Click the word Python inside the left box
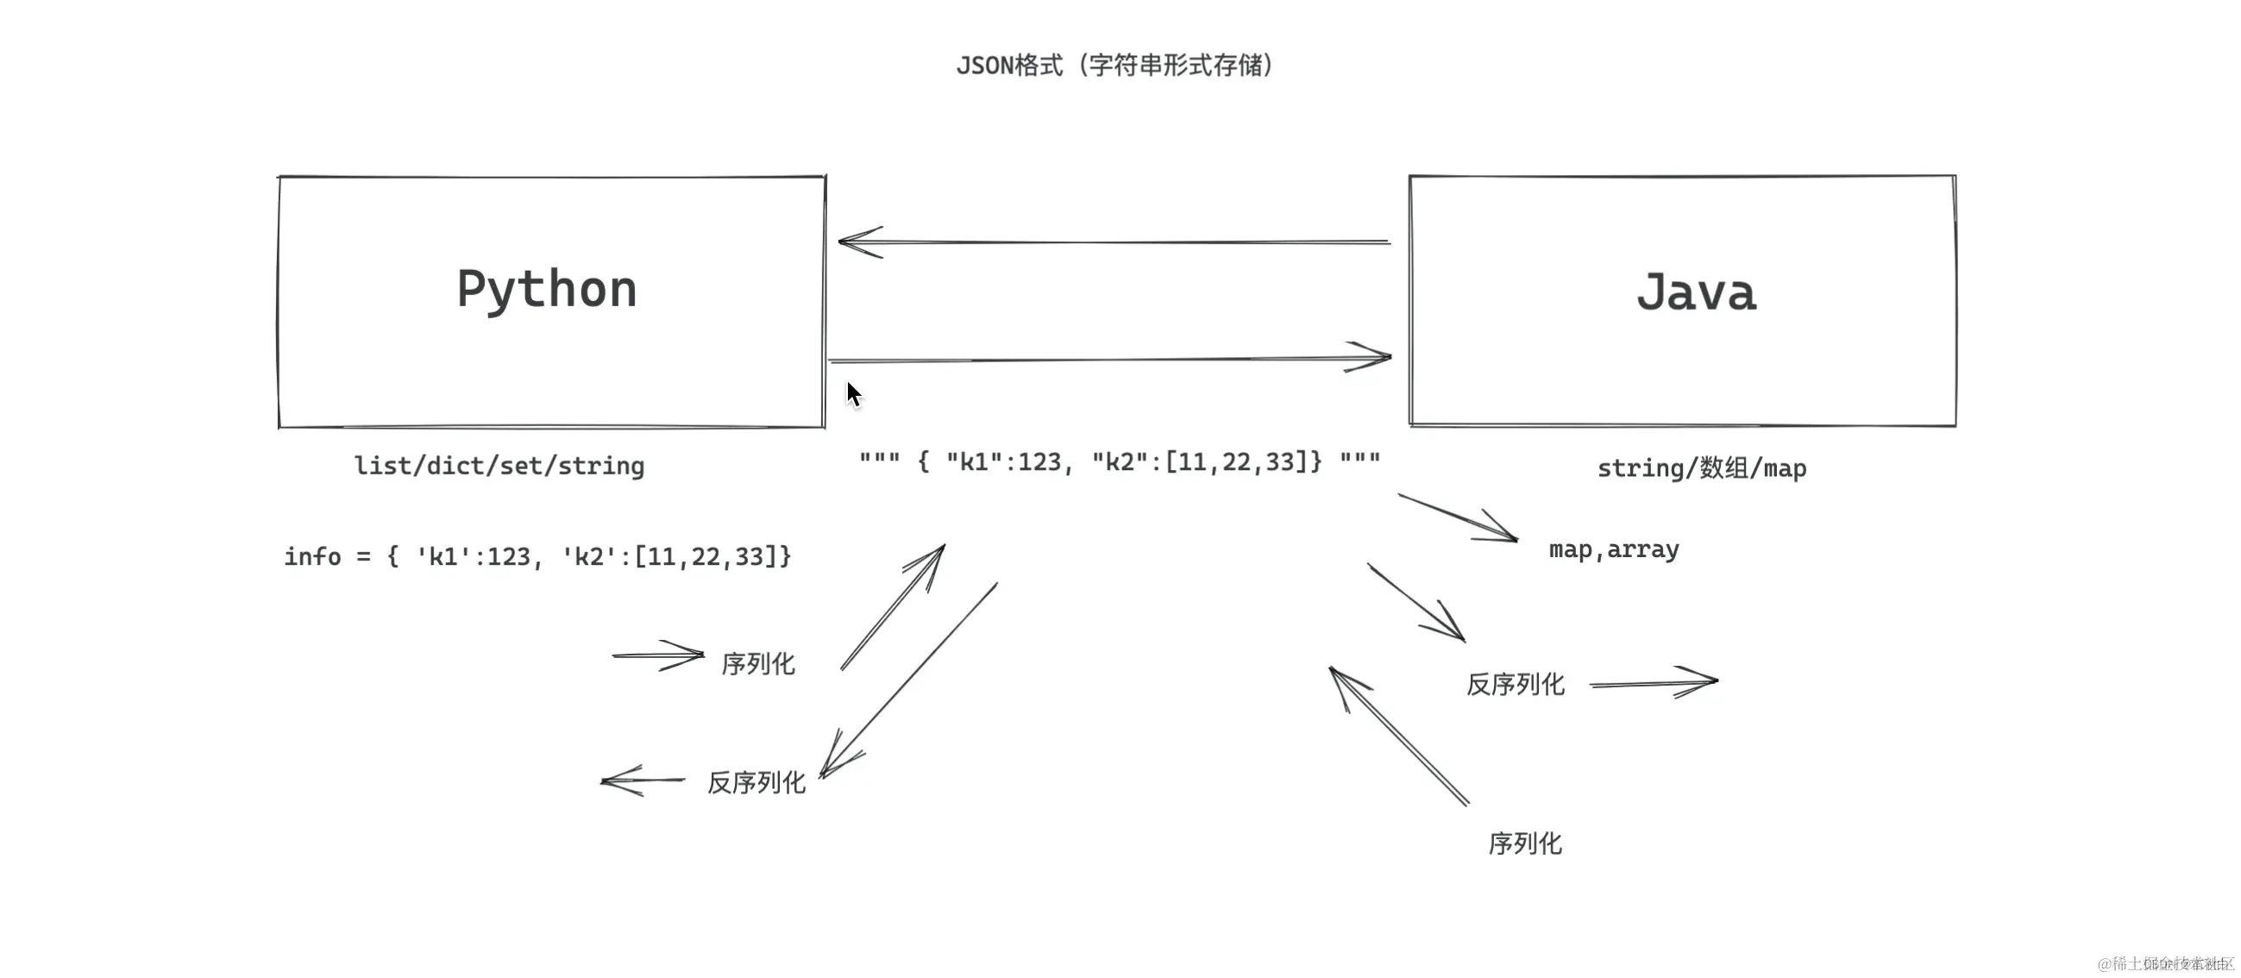pyautogui.click(x=546, y=290)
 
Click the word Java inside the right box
pyautogui.click(x=1696, y=293)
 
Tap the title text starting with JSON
pyautogui.click(x=1114, y=66)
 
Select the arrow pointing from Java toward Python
pyautogui.click(x=1114, y=241)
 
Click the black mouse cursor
pyautogui.click(x=853, y=394)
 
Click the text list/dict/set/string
pyautogui.click(x=499, y=467)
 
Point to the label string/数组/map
pyautogui.click(x=1702, y=469)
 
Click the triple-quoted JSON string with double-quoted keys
pyautogui.click(x=1120, y=462)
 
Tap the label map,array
pyautogui.click(x=1614, y=550)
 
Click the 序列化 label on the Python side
pyautogui.click(x=757, y=665)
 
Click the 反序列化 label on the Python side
pyautogui.click(x=756, y=783)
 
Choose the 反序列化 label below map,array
pyautogui.click(x=1516, y=685)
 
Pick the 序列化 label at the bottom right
pyautogui.click(x=1525, y=844)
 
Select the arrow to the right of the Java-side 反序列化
pyautogui.click(x=1654, y=683)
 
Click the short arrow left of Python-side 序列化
pyautogui.click(x=657, y=655)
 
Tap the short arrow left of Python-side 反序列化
pyautogui.click(x=643, y=781)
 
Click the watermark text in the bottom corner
pyautogui.click(x=2165, y=963)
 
